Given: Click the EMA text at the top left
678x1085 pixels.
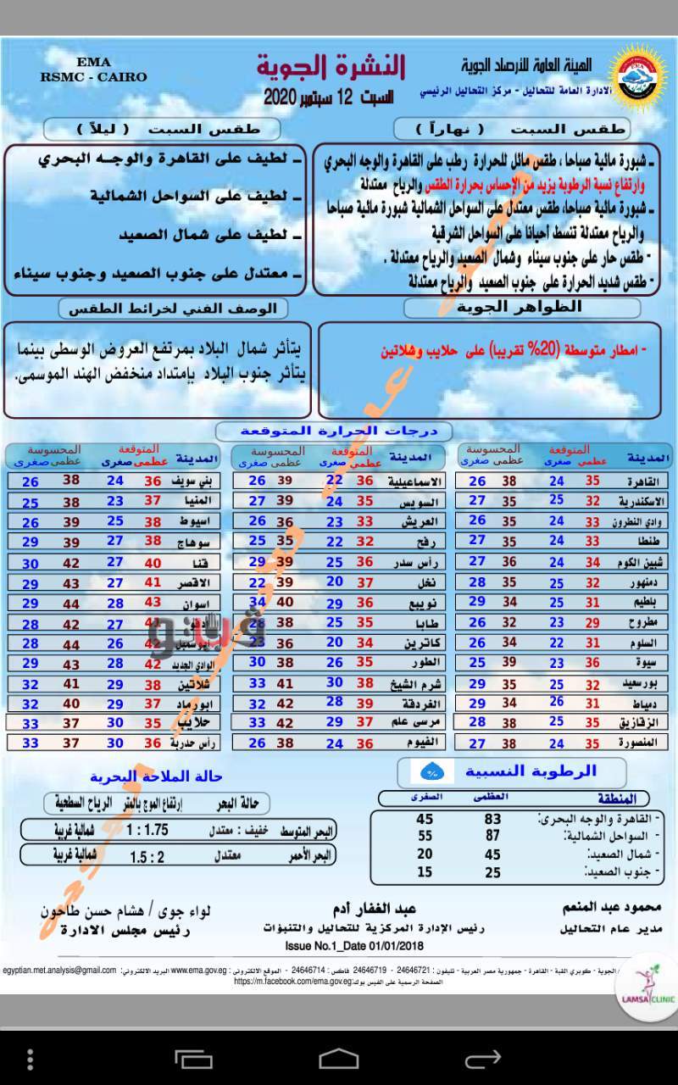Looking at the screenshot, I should point(92,63).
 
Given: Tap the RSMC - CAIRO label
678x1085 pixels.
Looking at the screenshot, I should point(93,76).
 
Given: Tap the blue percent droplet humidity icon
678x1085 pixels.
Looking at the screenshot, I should point(431,772).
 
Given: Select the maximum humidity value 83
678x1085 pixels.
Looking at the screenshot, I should point(492,819).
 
